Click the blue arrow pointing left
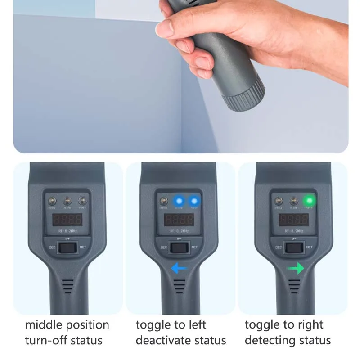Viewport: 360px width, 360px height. tap(179, 269)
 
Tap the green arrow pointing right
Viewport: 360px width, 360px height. tap(296, 269)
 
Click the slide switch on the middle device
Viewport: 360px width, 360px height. tap(180, 247)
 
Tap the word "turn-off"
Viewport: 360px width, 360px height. tap(45, 340)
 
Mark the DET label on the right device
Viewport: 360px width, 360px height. tap(310, 247)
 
